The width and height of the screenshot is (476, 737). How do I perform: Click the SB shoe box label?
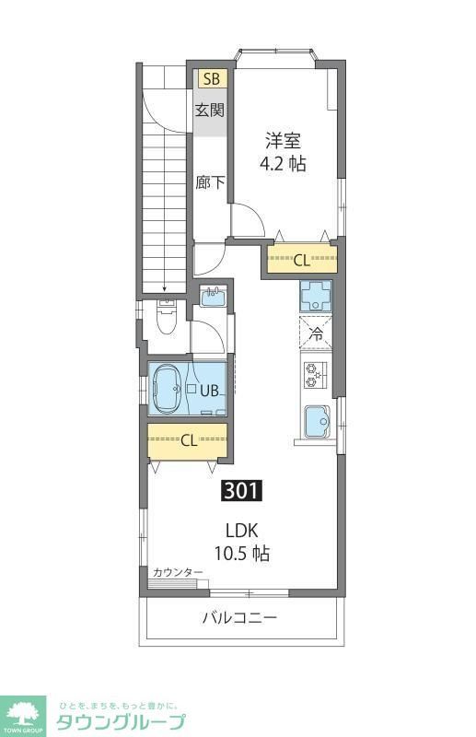[211, 78]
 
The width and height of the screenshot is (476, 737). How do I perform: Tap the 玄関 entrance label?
[210, 111]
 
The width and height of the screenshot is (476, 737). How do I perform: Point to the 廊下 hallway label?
[210, 181]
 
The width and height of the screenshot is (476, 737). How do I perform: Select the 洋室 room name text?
[283, 140]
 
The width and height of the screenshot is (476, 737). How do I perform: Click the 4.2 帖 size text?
[283, 164]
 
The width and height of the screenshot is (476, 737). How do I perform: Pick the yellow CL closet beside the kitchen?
[301, 260]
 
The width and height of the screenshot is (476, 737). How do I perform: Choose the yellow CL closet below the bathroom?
[188, 440]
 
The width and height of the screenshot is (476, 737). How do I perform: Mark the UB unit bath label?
[210, 391]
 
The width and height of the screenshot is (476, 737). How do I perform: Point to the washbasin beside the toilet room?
[213, 298]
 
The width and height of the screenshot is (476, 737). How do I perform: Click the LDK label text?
[245, 531]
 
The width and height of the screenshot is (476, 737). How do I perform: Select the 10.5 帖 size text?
[245, 555]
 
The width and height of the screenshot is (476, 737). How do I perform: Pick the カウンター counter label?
[178, 573]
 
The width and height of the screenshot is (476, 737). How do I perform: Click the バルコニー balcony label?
[239, 617]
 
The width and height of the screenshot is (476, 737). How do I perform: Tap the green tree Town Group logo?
[24, 711]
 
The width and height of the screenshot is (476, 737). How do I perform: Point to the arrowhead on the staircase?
[164, 288]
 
